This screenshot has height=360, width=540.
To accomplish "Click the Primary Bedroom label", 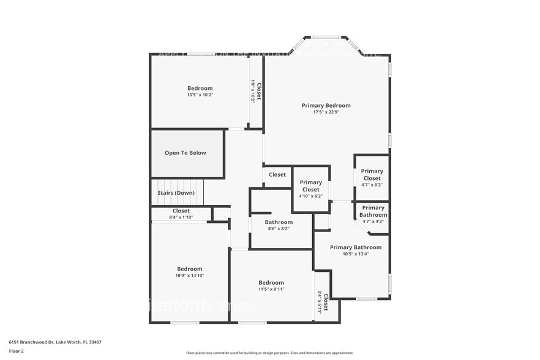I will pos(326,105).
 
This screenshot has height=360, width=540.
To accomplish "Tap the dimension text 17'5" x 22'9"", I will pos(326,113).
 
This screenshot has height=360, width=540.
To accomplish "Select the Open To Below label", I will pos(185,153).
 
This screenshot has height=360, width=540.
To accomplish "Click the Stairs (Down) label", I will pos(176,193).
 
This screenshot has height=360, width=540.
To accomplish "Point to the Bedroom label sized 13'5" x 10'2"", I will pos(200,88).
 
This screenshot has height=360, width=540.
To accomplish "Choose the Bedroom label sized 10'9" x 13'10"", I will pos(190,269).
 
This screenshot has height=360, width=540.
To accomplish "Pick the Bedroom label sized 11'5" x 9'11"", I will pos(271,282).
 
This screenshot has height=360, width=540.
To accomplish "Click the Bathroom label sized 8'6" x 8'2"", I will pos(279,222).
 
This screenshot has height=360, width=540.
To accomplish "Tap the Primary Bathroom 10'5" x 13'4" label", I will pos(355,247).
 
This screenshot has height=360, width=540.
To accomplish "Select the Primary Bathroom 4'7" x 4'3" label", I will pos(373,211).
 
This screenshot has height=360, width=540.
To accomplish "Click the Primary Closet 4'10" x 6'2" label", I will pos(310,186).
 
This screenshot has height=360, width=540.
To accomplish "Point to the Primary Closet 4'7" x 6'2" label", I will pos(372,174).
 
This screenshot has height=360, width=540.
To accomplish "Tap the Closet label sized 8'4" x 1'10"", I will pos(181,211).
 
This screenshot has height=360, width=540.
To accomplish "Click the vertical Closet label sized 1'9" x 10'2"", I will pos(259,91).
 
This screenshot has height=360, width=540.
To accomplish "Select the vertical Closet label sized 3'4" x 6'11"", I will pos(326,302).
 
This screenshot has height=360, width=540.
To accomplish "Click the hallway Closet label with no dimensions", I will pos(277,174).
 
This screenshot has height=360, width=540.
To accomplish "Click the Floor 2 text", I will pos(16,351).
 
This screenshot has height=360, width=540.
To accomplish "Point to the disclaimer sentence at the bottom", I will pos(269,353).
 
